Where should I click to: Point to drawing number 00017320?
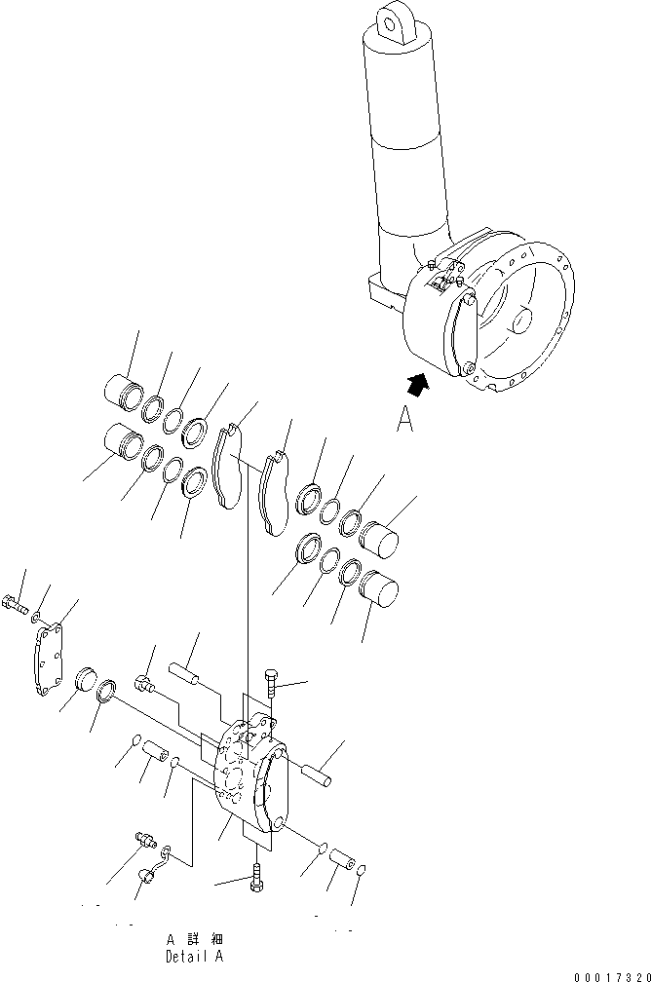[x=610, y=975]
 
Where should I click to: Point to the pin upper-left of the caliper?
[x=188, y=673]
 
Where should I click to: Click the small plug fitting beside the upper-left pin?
[x=146, y=684]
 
